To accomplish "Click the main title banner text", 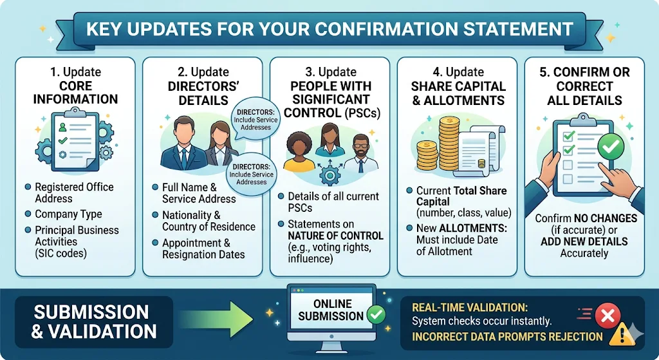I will pos(329,29).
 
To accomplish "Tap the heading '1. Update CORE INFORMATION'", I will pos(75,85).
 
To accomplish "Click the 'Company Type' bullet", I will pos(68,214).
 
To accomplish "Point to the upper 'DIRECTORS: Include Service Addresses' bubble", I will pos(253,118).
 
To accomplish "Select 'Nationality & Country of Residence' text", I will pos(209,221).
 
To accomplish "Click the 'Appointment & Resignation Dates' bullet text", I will pos(203,249).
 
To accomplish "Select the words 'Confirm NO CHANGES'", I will pos(585,219).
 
